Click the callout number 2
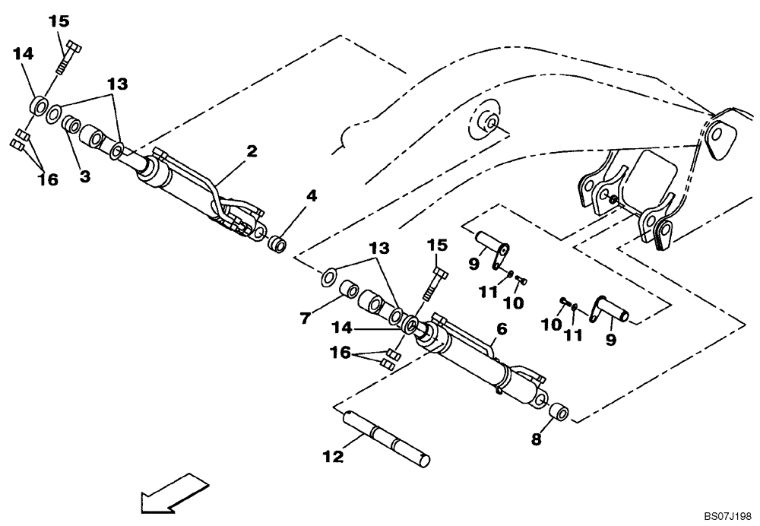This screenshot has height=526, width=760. [251, 151]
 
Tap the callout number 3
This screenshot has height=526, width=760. [84, 176]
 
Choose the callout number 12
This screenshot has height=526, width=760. [333, 456]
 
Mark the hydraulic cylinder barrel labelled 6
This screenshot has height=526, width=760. [464, 364]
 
